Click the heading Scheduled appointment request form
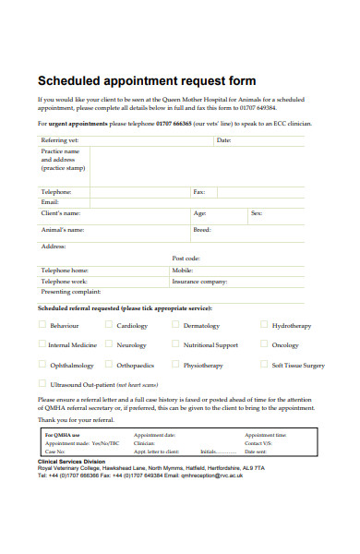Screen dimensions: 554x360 [147, 80]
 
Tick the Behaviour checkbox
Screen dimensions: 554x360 [42, 325]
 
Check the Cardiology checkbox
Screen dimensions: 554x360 [108, 325]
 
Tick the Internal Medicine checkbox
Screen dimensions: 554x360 [42, 344]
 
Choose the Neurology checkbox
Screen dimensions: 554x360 [108, 344]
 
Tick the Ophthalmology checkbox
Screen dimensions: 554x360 [42, 365]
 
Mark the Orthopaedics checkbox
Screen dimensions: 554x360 [108, 365]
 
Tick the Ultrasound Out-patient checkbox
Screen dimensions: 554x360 [42, 383]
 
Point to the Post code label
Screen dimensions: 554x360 [186, 259]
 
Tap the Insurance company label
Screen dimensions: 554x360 [199, 281]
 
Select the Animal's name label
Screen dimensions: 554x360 [63, 229]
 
